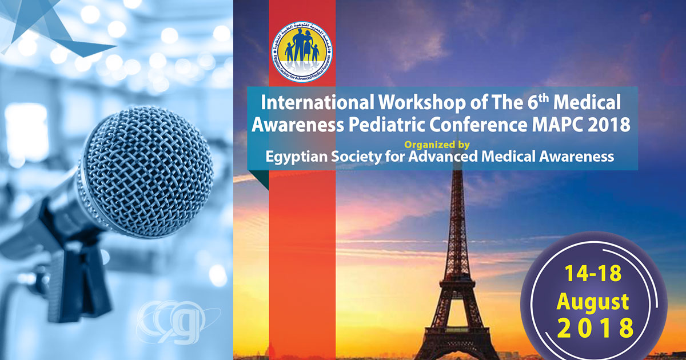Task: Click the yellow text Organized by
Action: (x=442, y=144)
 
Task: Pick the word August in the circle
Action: (x=593, y=301)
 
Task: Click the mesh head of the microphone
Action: (x=149, y=165)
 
